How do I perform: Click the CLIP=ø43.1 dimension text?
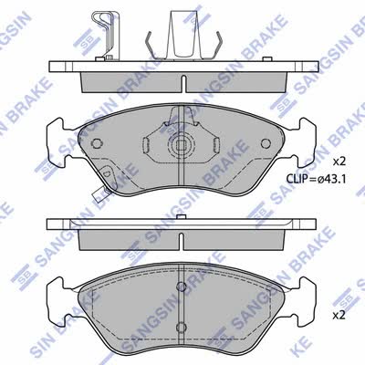[x=316, y=180]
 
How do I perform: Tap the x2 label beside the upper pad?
[x=339, y=162]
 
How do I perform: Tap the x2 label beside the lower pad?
[x=339, y=316]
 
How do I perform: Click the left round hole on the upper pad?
[x=97, y=143]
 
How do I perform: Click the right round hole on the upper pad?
[x=266, y=143]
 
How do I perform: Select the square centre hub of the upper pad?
[x=182, y=146]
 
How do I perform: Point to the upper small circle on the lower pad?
[x=182, y=287]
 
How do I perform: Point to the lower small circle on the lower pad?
[x=182, y=327]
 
